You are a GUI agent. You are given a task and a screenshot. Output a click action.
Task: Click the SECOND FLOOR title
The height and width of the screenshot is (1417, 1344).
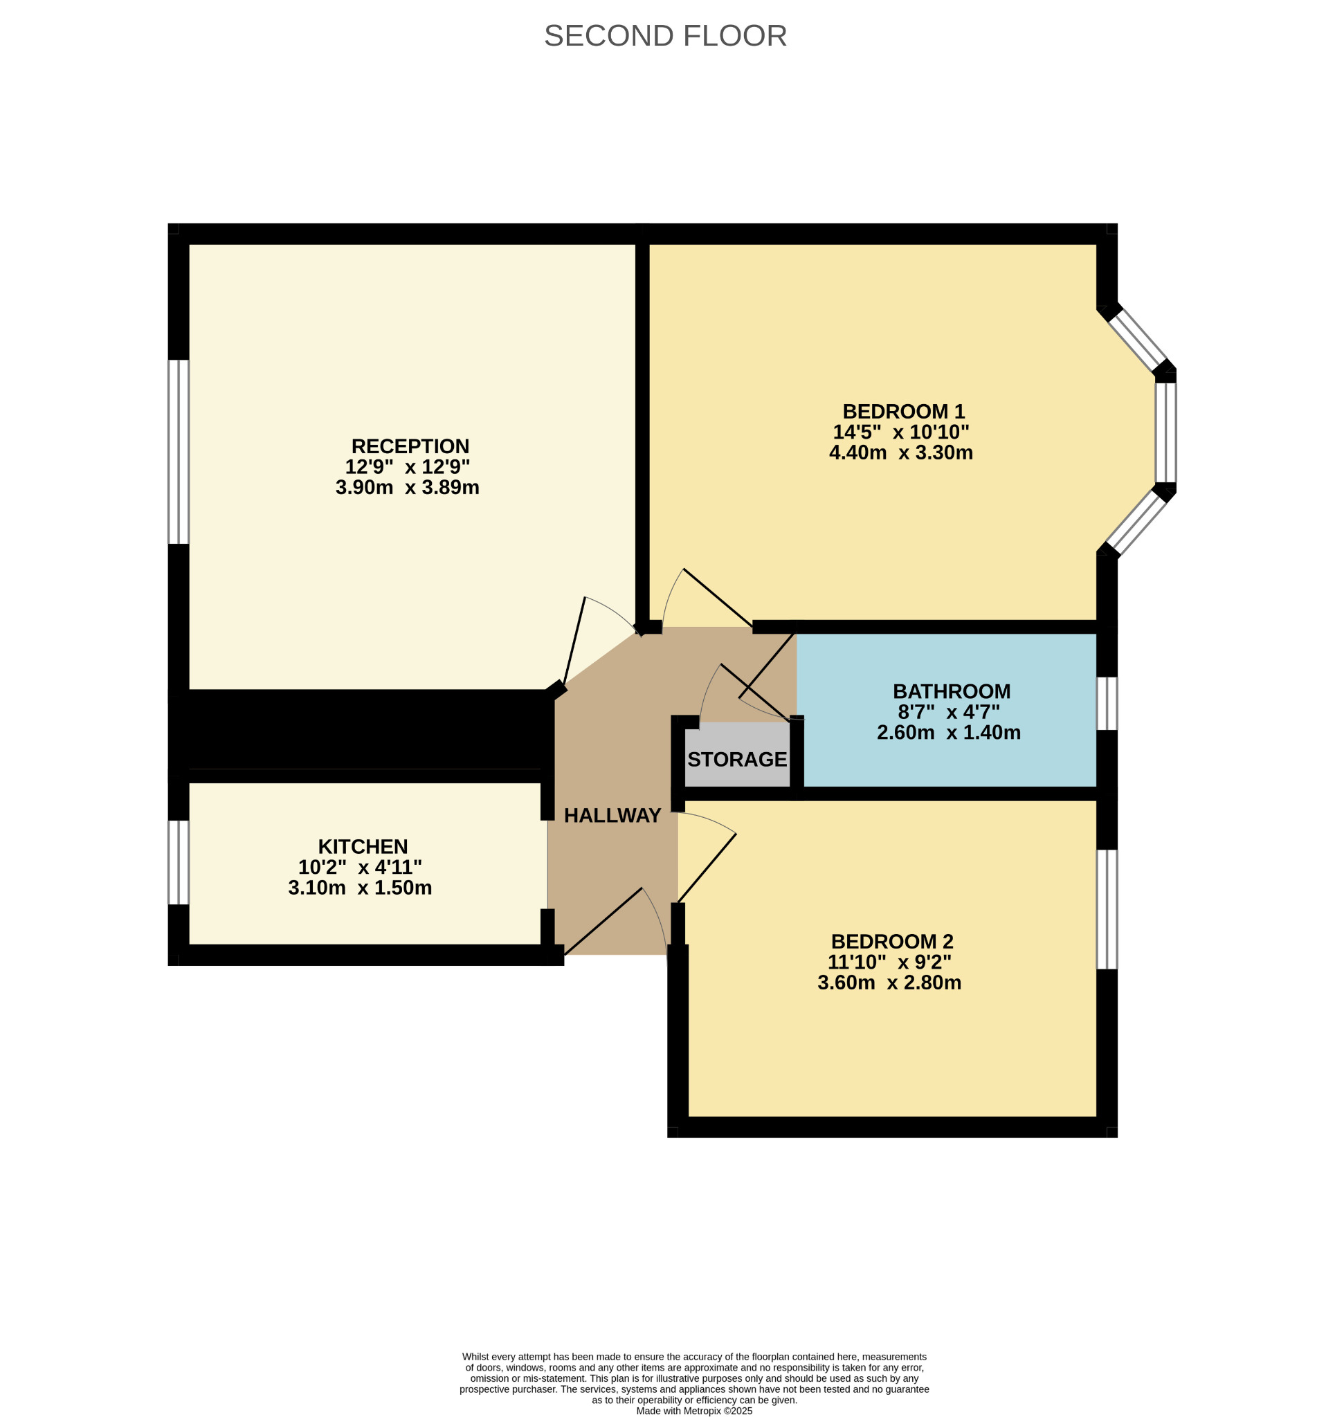pos(666,36)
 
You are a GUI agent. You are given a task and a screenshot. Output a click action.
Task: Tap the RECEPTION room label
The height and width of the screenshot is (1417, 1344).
pos(410,446)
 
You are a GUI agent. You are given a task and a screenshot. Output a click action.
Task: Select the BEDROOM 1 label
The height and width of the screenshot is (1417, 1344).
pos(903,412)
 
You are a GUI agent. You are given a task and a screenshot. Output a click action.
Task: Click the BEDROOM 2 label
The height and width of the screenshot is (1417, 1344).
pos(892,942)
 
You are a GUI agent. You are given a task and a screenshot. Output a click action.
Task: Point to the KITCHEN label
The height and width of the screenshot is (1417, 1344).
pos(363,847)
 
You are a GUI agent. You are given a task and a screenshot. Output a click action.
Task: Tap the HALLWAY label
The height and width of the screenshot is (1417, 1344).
pos(612,815)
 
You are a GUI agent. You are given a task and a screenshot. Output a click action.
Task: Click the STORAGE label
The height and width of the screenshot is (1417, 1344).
pos(737,760)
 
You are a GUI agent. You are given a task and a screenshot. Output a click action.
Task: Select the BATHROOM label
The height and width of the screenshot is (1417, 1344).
pos(952,691)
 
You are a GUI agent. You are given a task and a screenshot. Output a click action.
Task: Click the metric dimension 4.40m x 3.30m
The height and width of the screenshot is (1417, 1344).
pos(900,452)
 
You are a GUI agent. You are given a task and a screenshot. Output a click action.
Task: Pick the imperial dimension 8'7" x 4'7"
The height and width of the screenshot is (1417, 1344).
pos(949,711)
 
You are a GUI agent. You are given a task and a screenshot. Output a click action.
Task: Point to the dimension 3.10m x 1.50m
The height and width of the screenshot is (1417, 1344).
pos(360,888)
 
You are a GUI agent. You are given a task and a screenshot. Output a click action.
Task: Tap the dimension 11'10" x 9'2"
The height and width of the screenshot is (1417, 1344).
pos(889,962)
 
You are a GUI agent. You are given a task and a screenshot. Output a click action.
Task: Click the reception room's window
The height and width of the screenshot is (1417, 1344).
pos(179,452)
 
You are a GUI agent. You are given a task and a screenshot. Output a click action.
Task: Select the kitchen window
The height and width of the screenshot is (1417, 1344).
pos(179,863)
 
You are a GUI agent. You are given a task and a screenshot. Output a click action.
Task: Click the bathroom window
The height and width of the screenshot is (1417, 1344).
pos(1107,704)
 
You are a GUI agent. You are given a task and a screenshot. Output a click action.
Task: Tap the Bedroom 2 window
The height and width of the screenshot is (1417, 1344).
pos(1107,909)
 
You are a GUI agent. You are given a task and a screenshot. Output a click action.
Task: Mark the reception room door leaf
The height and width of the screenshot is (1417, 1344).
pos(574,641)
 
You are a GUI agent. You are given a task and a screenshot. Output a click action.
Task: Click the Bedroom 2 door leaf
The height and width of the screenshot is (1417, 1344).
pos(707,868)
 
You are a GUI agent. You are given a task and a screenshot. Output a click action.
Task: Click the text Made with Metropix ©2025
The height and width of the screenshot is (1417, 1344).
pos(694,1411)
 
